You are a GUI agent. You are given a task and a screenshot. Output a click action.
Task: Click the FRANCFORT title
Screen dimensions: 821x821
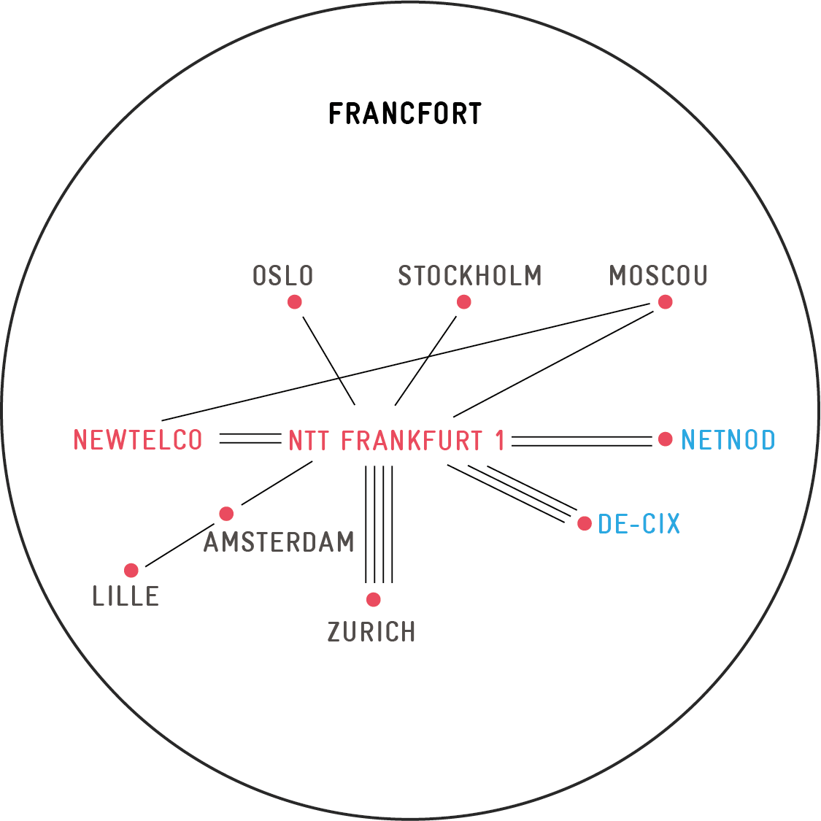tap(405, 114)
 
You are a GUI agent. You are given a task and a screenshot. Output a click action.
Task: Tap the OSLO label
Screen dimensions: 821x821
tap(282, 275)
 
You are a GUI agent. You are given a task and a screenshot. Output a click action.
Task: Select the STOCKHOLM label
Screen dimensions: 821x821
tap(470, 275)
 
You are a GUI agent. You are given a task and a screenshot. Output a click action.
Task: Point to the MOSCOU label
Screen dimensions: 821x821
tap(658, 275)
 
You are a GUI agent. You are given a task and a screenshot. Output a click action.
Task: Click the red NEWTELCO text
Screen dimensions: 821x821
tap(138, 440)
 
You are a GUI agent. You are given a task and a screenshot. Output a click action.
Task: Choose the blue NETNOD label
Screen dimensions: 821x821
tap(728, 440)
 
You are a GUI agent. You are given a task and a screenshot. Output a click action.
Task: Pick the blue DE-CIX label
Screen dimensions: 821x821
tap(639, 523)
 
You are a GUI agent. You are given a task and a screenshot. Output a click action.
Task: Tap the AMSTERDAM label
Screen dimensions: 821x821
tap(279, 541)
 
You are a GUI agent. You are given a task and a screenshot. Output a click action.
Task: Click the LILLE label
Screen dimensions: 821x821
tap(126, 595)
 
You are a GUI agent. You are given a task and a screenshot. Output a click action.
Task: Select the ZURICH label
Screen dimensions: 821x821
tap(371, 631)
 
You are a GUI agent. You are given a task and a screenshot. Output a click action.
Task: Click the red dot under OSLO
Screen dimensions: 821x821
tap(295, 302)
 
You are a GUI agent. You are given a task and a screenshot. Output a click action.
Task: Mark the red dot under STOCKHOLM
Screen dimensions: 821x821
tap(464, 302)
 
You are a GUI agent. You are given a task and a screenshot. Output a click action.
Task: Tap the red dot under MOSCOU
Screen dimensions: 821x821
tap(665, 302)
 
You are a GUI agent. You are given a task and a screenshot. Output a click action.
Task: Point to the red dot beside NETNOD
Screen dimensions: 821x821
tap(665, 439)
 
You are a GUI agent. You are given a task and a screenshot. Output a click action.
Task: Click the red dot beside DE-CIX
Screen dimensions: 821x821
tap(585, 523)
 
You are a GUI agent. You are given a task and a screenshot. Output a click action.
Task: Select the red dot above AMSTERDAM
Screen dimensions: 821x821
tap(226, 514)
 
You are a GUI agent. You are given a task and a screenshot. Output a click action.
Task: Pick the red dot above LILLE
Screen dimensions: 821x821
tap(131, 570)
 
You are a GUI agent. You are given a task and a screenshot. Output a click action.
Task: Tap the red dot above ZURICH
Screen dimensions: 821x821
tap(374, 600)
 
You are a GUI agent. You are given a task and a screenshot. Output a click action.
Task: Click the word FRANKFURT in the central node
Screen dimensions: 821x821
tap(412, 440)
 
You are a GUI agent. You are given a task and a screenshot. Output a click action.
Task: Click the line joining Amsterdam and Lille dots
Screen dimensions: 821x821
tap(180, 544)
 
